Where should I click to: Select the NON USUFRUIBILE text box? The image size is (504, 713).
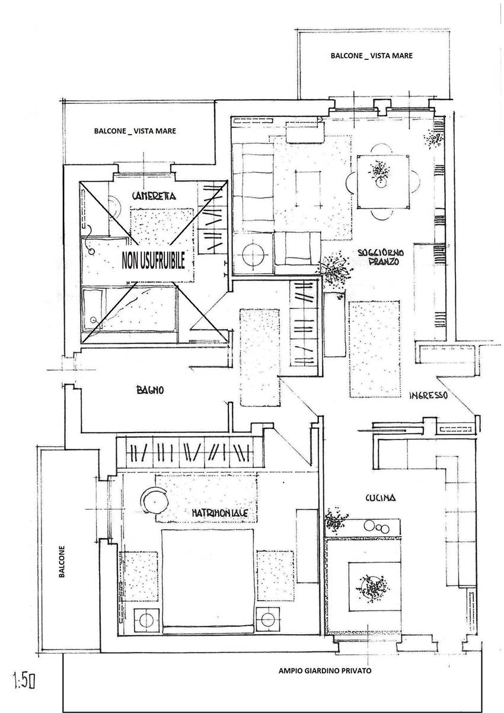pos(153,260)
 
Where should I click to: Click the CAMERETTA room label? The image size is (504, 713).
pos(157,196)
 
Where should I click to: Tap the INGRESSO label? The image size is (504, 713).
pos(428,396)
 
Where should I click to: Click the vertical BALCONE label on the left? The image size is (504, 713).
pos(62,562)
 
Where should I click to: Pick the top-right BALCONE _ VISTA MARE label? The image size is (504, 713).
pos(371,55)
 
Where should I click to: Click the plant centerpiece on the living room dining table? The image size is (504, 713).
pos(379,173)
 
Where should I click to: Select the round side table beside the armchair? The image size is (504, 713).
pos(253,253)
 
